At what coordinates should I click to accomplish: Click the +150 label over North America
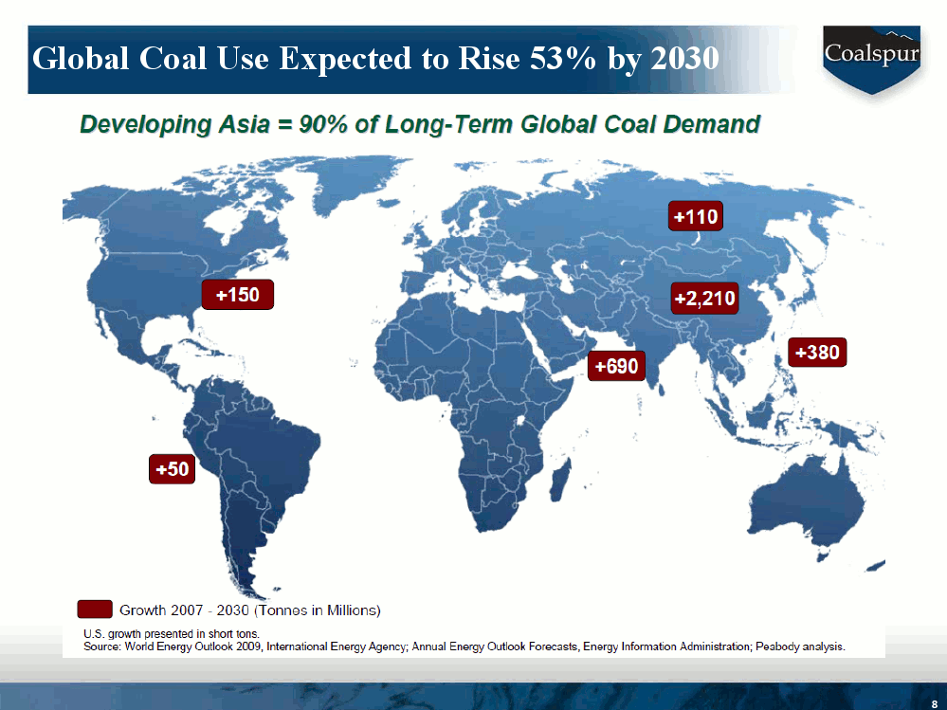(x=237, y=296)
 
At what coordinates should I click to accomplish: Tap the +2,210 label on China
(x=704, y=300)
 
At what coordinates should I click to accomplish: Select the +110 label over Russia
(x=696, y=217)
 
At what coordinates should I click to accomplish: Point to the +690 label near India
(x=616, y=365)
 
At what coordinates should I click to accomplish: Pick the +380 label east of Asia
(x=816, y=353)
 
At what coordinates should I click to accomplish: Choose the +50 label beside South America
(x=172, y=469)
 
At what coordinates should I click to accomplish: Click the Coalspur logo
(x=870, y=55)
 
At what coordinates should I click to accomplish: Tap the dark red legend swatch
(x=95, y=610)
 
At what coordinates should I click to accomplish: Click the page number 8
(x=934, y=703)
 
